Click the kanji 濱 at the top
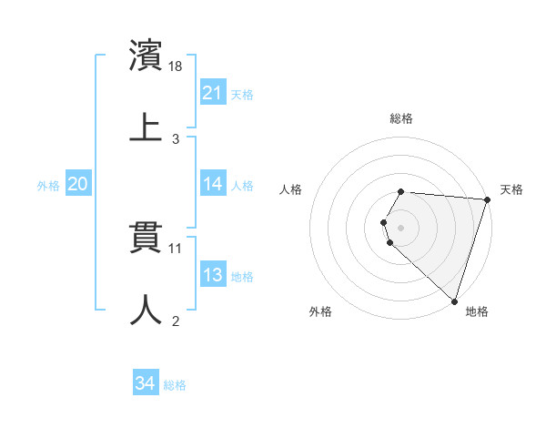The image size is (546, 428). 147,56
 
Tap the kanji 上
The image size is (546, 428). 147,126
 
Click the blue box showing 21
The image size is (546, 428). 212,93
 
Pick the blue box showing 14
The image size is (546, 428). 212,184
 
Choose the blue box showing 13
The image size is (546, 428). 212,275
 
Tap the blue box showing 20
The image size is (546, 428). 77,184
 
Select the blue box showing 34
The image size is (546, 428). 145,384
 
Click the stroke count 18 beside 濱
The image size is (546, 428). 177,67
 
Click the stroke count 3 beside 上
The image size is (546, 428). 176,139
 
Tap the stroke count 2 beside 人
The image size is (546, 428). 176,321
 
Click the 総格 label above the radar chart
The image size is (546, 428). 401,118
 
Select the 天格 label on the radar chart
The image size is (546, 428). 511,189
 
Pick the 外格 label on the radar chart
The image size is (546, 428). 320,311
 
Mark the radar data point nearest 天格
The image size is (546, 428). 487,199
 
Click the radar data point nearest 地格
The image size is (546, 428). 454,301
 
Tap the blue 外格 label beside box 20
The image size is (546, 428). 48,185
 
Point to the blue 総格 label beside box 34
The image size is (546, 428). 175,385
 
